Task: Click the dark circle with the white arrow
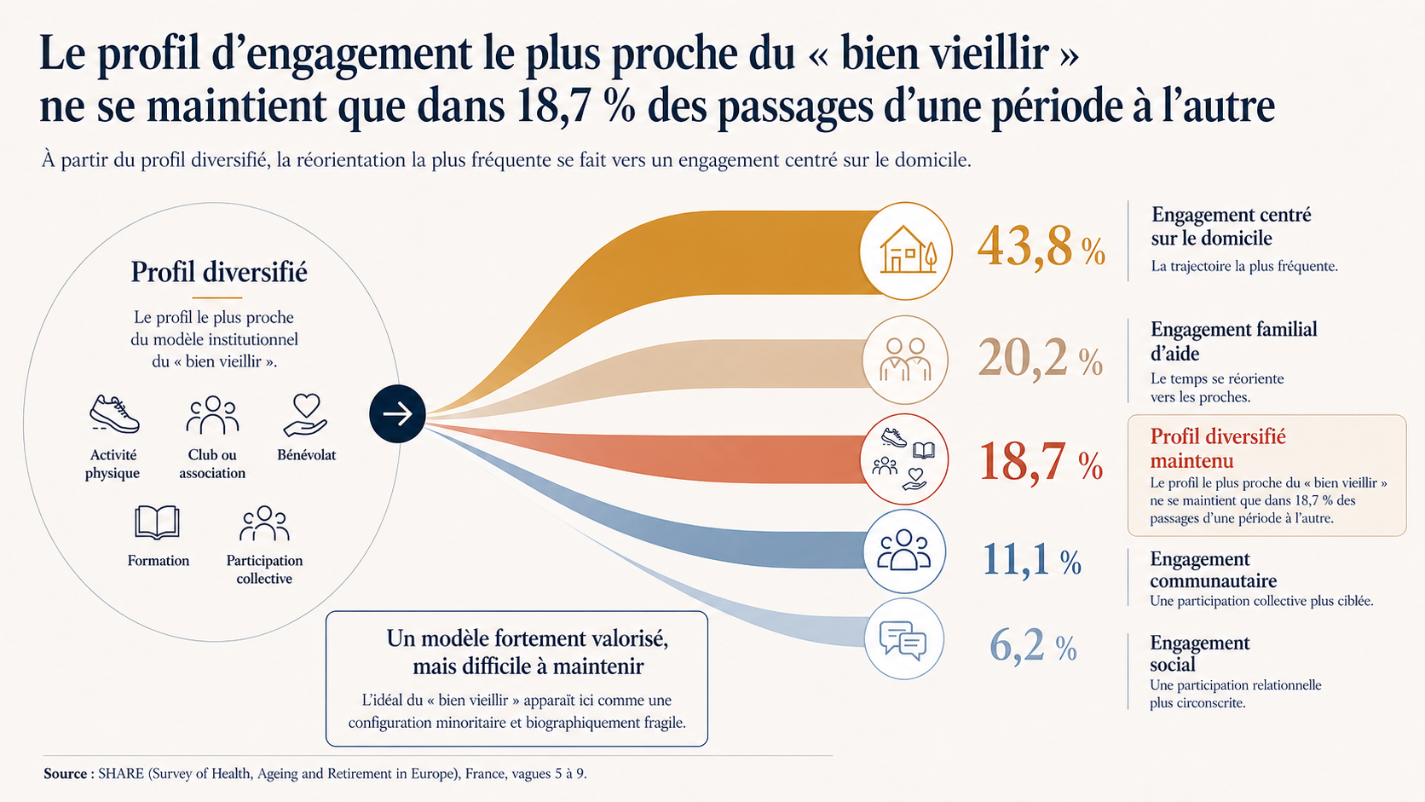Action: pyautogui.click(x=397, y=413)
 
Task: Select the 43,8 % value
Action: pyautogui.click(x=1041, y=247)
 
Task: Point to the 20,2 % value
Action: pyautogui.click(x=1040, y=358)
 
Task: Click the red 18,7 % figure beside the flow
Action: pyautogui.click(x=1041, y=461)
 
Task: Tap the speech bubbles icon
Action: pyautogui.click(x=903, y=641)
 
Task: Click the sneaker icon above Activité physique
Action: pyautogui.click(x=114, y=414)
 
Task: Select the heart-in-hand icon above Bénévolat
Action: pyautogui.click(x=306, y=415)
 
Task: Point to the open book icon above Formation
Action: pyautogui.click(x=157, y=522)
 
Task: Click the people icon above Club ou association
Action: pyautogui.click(x=212, y=415)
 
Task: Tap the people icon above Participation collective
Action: pyautogui.click(x=265, y=523)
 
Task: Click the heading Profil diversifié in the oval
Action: pyautogui.click(x=219, y=272)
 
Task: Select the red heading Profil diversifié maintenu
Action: pyautogui.click(x=1218, y=447)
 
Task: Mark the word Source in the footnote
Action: pyautogui.click(x=65, y=773)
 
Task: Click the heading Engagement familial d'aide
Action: pyautogui.click(x=1233, y=341)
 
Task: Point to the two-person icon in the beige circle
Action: pyautogui.click(x=904, y=360)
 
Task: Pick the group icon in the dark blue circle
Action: pyautogui.click(x=904, y=550)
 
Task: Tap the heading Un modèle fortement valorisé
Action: pyautogui.click(x=528, y=638)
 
